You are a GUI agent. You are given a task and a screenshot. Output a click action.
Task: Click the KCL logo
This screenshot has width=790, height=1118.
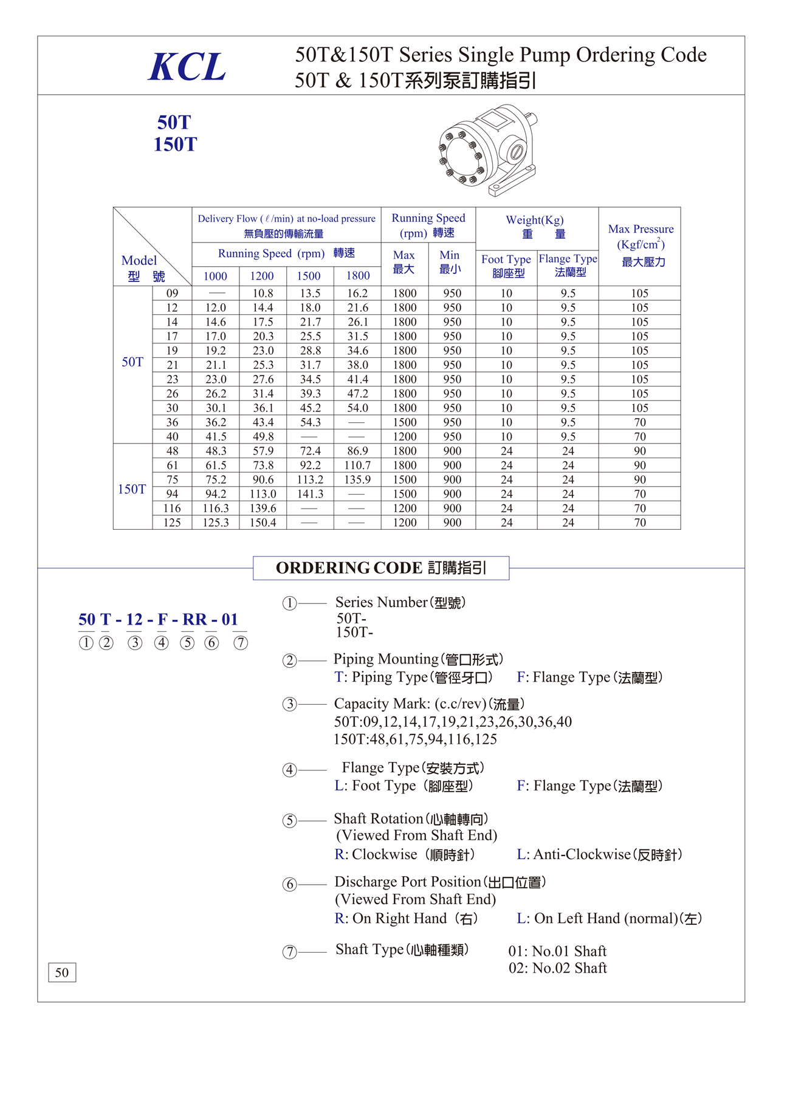point(187,67)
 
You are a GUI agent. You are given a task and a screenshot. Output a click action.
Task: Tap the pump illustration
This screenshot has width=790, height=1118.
point(487,151)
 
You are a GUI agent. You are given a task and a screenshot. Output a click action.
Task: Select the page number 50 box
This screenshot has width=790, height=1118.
point(62,972)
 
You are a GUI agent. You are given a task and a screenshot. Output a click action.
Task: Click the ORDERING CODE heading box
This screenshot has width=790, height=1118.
point(381,568)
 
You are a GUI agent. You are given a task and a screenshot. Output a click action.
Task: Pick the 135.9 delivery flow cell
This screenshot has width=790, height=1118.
point(357,480)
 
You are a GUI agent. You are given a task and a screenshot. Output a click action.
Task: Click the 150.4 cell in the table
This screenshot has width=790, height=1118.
point(263,523)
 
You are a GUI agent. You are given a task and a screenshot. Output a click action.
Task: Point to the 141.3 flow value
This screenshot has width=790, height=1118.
point(310,494)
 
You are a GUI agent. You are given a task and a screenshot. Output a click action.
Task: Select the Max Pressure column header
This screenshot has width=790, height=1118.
point(641,245)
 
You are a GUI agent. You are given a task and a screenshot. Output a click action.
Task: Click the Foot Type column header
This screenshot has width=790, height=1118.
point(506,266)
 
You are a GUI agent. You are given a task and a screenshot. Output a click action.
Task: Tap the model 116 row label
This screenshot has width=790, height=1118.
point(172,508)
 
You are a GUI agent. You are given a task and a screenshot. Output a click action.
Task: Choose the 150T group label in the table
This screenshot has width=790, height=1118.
point(132,489)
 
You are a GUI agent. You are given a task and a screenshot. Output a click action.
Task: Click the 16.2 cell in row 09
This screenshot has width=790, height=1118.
point(357,293)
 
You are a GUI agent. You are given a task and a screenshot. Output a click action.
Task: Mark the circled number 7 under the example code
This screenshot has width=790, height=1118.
point(241,643)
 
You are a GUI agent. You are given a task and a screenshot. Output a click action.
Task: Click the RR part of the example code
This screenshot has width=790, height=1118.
point(194,620)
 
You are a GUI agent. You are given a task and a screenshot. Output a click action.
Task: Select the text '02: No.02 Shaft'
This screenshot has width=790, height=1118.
point(558,968)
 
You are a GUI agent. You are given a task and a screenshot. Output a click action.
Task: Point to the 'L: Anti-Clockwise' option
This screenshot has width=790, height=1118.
point(599,854)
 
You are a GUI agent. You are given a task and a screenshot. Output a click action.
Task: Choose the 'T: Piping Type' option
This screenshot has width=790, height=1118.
point(413,677)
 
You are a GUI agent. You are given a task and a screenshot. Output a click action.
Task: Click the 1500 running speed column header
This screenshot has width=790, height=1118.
point(309,276)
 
